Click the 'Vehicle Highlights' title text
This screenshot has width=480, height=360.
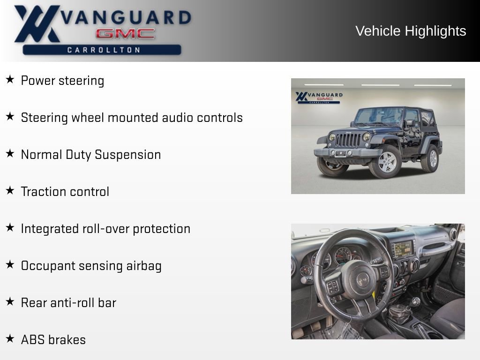(x=411, y=31)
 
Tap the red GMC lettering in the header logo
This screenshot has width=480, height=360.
(x=125, y=34)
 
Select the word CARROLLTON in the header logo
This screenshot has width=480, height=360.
(x=104, y=50)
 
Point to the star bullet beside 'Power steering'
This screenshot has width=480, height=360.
(x=10, y=80)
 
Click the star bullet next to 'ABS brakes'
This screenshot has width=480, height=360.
(x=10, y=338)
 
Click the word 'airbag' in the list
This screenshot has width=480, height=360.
(x=144, y=266)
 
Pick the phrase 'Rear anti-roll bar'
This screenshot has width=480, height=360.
(x=68, y=303)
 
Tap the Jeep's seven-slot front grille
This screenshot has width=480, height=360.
(x=348, y=139)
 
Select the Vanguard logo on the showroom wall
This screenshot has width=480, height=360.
(x=319, y=97)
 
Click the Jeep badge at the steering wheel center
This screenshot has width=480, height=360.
(x=362, y=280)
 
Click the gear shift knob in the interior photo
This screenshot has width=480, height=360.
(x=415, y=301)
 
